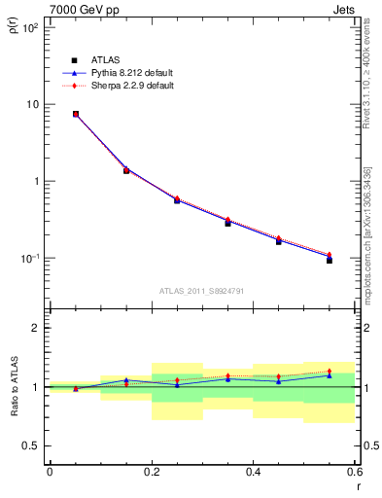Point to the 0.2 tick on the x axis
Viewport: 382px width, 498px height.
tap(151, 471)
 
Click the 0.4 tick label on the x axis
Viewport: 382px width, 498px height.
tap(253, 471)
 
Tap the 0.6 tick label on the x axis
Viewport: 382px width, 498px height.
tap(354, 471)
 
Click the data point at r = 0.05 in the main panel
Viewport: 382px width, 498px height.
tap(76, 114)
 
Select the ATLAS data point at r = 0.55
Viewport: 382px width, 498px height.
tap(330, 260)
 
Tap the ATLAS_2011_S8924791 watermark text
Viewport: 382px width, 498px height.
tap(201, 290)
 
